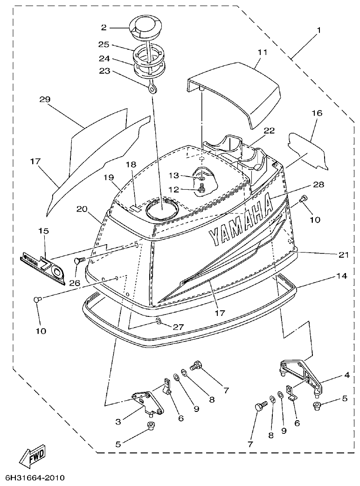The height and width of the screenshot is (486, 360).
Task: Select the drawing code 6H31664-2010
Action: click(35, 478)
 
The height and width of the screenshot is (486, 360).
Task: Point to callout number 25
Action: click(104, 44)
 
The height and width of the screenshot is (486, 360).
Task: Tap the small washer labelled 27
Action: click(159, 321)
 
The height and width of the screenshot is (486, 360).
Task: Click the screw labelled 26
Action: click(79, 262)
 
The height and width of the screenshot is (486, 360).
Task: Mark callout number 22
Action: click(269, 131)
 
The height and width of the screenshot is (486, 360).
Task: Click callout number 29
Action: click(45, 100)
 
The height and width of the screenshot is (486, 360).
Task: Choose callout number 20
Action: click(82, 210)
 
